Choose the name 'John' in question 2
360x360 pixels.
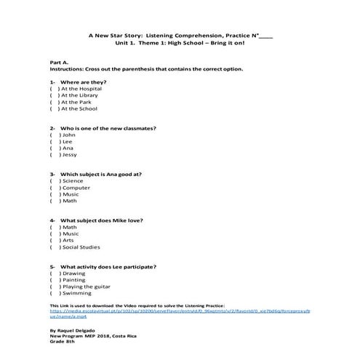click(x=68, y=135)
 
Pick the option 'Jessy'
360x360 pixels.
click(x=70, y=154)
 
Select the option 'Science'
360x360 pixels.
click(x=73, y=180)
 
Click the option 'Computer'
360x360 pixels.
click(x=76, y=187)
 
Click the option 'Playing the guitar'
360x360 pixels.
click(x=88, y=286)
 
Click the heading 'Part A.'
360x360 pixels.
click(x=59, y=63)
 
